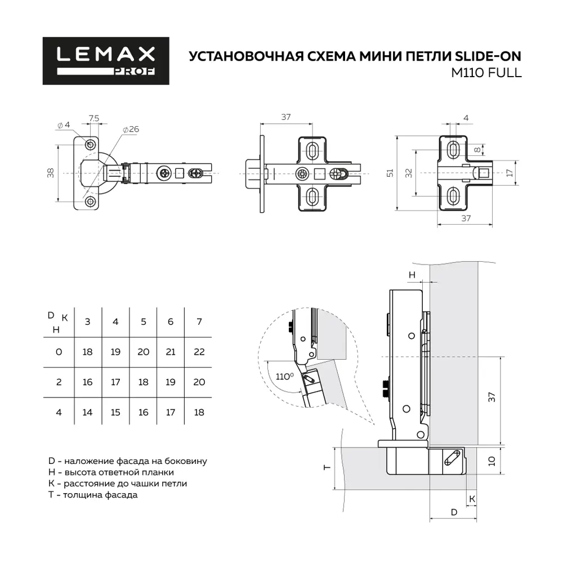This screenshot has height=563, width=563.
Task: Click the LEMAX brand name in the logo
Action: (x=106, y=54)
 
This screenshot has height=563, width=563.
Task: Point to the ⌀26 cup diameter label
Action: (x=130, y=129)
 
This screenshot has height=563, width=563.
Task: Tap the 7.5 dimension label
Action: (x=94, y=118)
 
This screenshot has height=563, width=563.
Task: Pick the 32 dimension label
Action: (x=409, y=172)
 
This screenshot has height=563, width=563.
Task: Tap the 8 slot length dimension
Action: (x=476, y=150)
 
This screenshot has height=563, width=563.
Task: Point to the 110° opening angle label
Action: (x=284, y=376)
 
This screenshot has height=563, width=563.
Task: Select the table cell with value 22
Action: (x=199, y=352)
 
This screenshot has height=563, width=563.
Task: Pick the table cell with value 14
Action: (x=87, y=413)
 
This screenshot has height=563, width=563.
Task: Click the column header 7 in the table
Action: (x=199, y=321)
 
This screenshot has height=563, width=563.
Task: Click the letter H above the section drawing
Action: (x=412, y=274)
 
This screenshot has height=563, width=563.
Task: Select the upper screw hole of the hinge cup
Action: (x=90, y=140)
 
